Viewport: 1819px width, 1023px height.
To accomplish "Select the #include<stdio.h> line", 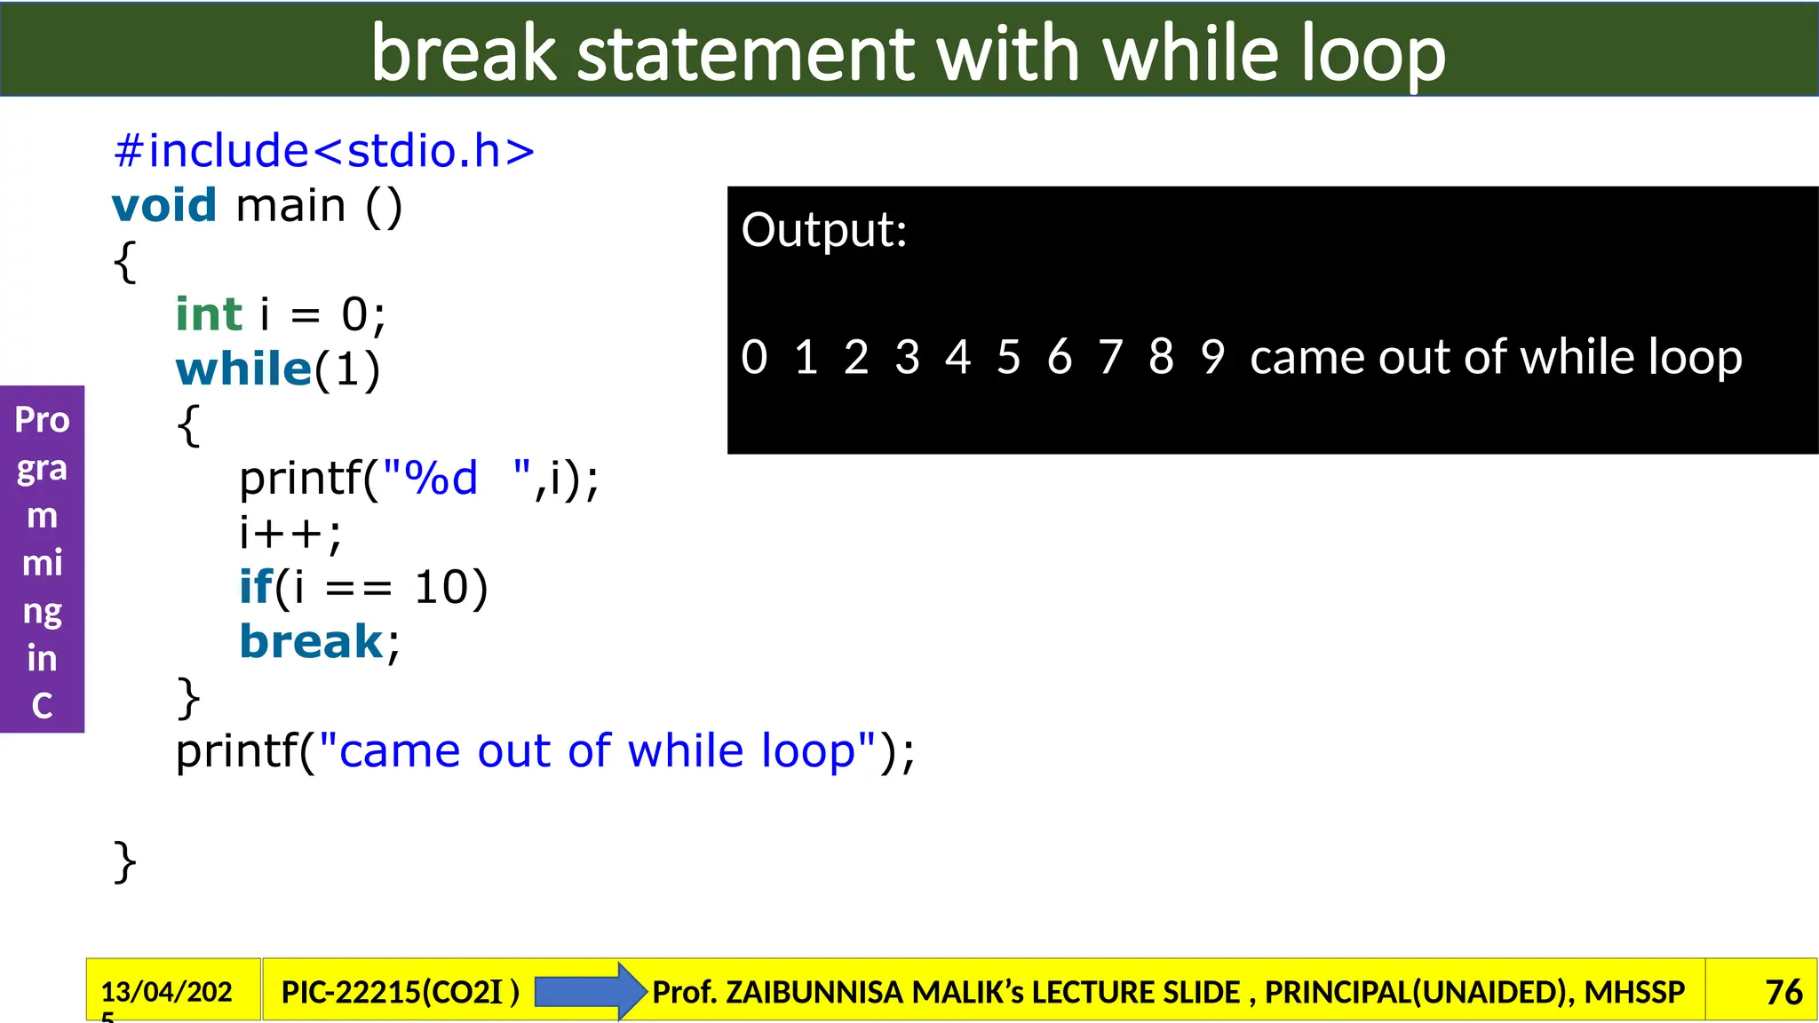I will point(324,151).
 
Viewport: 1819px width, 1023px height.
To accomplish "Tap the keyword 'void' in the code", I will point(164,206).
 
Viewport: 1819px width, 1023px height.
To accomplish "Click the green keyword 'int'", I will point(209,314).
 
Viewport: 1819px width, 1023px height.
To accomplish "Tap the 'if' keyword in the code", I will point(256,588).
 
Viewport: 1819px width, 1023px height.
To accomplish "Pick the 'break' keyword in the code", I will point(311,641).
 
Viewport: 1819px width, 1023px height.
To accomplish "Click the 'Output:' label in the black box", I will point(824,230).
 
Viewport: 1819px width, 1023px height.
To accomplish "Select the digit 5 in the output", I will point(1008,357).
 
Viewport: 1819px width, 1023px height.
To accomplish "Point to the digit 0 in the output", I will point(754,357).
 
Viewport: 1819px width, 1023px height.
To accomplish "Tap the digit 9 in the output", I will point(1212,357).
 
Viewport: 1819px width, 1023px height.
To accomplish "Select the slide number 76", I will point(1783,992).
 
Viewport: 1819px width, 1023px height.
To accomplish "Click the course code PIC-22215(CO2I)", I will point(400,992).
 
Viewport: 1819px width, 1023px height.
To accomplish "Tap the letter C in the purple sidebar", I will point(42,706).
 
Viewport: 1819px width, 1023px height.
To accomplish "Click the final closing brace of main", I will point(125,862).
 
